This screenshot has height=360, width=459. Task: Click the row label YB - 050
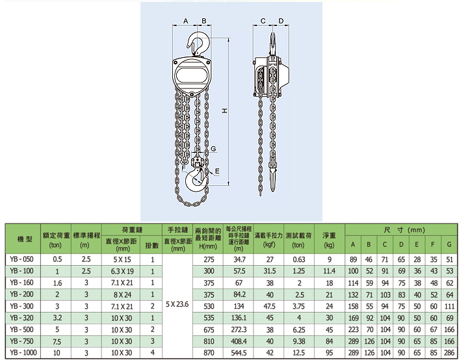pos(22,259)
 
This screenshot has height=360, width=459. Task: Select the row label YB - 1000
pos(23,353)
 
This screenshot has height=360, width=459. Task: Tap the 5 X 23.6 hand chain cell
pos(177,304)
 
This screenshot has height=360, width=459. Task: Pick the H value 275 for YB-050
pos(209,260)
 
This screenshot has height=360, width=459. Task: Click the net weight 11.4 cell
pos(329,272)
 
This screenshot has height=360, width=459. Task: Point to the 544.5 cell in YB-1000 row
pos(239,353)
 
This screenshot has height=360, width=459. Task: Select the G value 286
pos(449,353)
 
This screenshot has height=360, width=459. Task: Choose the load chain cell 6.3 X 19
pos(122,272)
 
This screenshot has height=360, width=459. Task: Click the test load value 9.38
pos(299,341)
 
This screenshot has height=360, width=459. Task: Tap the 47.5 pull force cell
pos(269,306)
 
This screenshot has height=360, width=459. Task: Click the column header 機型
pos(25,239)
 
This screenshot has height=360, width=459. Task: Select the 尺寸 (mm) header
pos(404,230)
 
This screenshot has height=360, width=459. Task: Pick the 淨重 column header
pos(329,235)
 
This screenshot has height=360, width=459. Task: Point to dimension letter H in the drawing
pos(224,110)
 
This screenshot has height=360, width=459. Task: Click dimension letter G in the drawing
pos(213,149)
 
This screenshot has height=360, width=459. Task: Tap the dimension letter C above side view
pos(263,21)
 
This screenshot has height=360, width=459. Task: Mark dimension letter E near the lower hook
pos(217,171)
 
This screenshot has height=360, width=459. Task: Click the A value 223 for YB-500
pos(353,329)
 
